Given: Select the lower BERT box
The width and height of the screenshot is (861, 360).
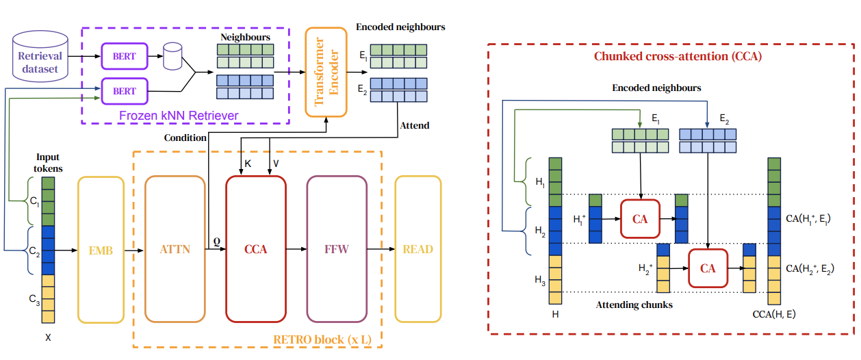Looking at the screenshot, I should coord(124,91).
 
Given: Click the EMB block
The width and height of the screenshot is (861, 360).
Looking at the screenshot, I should coord(100,249).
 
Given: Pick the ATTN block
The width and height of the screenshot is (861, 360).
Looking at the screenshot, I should coord(175,249).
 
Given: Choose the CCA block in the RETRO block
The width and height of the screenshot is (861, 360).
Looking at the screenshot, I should coord(255,249).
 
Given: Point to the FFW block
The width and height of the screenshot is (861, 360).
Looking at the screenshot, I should coord(336,249).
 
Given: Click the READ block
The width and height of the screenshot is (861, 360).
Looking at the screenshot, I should coord(417,249).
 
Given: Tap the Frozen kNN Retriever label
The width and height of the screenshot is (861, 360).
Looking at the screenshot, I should coord(179,116).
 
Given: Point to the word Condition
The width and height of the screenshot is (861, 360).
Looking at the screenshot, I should coord(185,138).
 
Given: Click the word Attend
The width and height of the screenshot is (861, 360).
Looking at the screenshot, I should coord(415,125).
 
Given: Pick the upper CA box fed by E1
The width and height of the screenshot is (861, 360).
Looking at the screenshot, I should coord(640,219).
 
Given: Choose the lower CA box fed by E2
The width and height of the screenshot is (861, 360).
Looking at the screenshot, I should coord(708,268).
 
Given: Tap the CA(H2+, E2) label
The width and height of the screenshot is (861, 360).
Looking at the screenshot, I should coord(810,268).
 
